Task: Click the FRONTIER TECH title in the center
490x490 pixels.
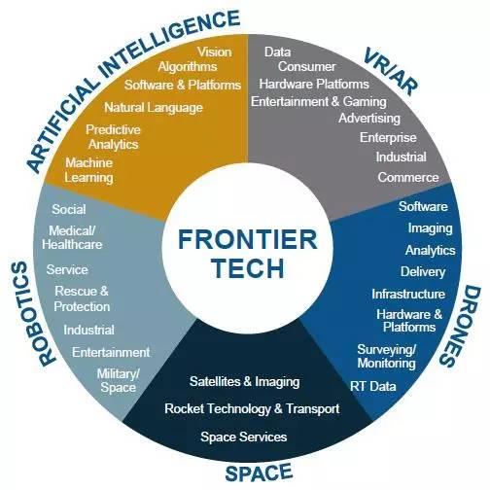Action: (x=248, y=254)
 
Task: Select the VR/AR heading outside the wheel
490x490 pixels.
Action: (x=391, y=72)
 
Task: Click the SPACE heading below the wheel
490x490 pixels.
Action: (x=259, y=472)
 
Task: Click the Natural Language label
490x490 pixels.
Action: (x=154, y=108)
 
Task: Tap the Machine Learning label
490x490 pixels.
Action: (x=88, y=170)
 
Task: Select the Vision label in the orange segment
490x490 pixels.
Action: (x=215, y=52)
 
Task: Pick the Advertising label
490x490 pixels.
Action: (x=369, y=119)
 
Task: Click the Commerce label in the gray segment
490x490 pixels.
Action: (x=408, y=177)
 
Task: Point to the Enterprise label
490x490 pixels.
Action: (x=388, y=138)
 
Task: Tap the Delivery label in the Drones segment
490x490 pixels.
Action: (x=423, y=272)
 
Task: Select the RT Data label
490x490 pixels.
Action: (x=373, y=386)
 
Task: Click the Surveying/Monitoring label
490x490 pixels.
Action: (x=386, y=356)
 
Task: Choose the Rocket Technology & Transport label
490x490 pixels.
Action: (x=252, y=409)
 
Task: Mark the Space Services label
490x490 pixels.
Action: (x=244, y=437)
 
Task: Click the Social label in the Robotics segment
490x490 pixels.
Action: (x=69, y=209)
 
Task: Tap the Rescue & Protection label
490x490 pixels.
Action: (x=82, y=298)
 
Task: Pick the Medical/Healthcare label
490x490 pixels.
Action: (x=72, y=237)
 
